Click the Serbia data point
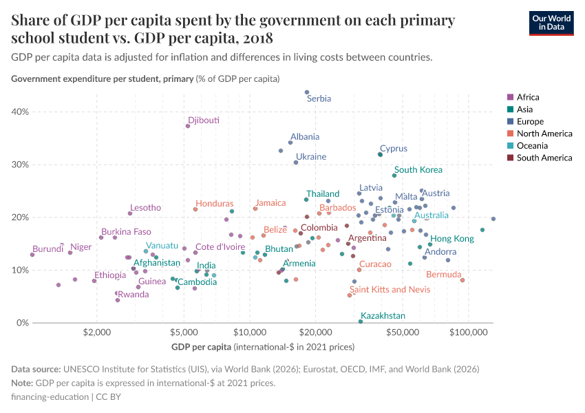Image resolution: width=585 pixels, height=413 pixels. click(x=307, y=92)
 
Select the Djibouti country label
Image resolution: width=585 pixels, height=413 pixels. click(x=204, y=120)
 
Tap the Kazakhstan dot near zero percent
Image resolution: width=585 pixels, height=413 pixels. click(x=361, y=321)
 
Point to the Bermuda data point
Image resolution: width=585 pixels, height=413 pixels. click(x=462, y=280)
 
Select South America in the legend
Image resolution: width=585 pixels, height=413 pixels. click(x=538, y=158)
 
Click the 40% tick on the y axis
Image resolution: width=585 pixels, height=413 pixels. click(x=19, y=112)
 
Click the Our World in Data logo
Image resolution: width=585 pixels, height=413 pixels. click(x=551, y=22)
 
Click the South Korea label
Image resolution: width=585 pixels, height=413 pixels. click(x=418, y=170)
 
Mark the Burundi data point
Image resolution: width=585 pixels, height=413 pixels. click(x=32, y=255)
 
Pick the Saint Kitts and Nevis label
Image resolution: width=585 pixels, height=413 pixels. click(x=390, y=290)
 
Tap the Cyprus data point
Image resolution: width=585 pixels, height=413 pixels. click(x=380, y=155)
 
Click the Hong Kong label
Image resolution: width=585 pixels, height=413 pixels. click(x=452, y=239)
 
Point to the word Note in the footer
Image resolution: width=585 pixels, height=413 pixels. click(x=22, y=383)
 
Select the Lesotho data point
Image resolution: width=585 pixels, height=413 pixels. click(x=130, y=213)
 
